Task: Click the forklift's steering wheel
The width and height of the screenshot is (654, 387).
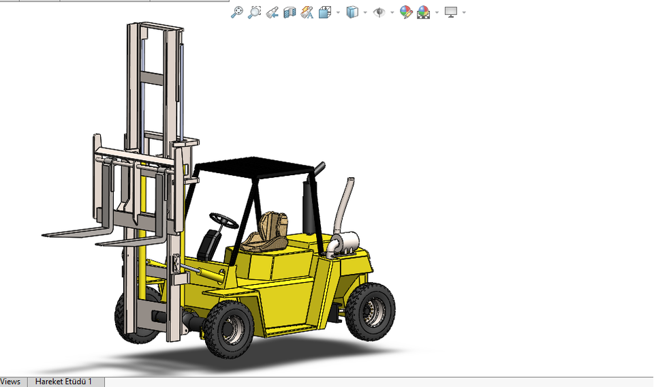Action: point(224,219)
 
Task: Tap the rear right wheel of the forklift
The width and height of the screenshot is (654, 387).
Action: point(371,311)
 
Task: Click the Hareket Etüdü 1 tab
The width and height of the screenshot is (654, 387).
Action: point(63,382)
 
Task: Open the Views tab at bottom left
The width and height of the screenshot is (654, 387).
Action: point(11,382)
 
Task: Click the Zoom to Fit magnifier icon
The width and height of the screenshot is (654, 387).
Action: point(236,12)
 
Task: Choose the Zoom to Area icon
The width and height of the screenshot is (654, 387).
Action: point(254,12)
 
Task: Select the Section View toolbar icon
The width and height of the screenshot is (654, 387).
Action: point(290,12)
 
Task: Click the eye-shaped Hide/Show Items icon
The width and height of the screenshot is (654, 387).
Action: point(379,12)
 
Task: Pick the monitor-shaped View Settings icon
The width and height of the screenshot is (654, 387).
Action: point(450,12)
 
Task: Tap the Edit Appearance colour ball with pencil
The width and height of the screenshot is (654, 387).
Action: point(406,12)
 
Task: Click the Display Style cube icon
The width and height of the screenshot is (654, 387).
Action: point(352,12)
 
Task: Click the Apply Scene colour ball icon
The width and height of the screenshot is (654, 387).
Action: point(423,12)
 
